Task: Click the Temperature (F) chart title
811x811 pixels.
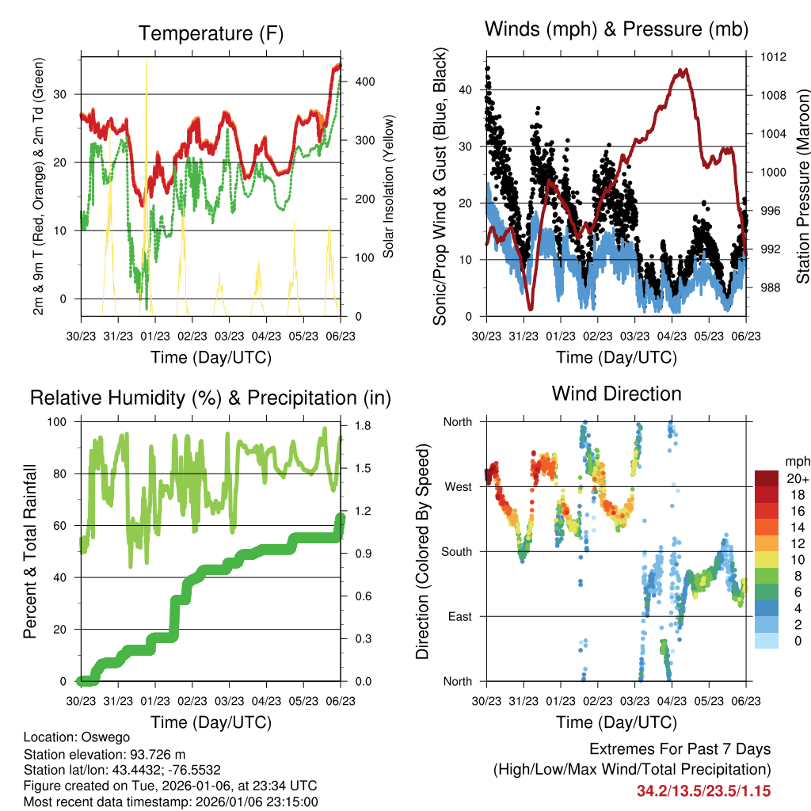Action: click(x=211, y=33)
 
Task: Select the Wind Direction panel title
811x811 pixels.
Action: click(x=616, y=394)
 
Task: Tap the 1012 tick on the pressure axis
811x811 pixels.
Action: click(x=775, y=57)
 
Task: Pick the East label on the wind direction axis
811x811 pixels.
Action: click(x=460, y=616)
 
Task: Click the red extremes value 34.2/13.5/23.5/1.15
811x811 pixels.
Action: click(x=703, y=790)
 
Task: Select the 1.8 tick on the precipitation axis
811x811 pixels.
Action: click(x=364, y=425)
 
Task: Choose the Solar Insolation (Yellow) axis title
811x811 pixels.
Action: click(x=389, y=187)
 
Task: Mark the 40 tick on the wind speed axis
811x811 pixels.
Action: click(x=466, y=89)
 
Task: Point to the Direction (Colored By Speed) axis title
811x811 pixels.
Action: click(x=422, y=550)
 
